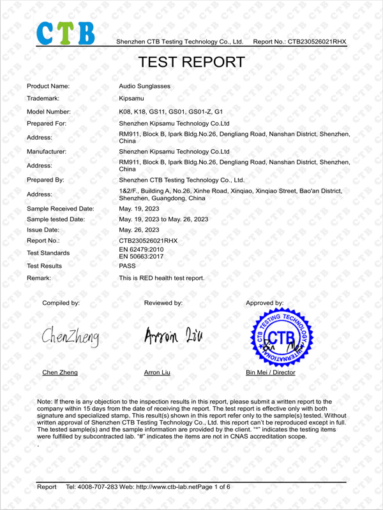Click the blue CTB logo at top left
(x=66, y=33)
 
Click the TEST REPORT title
(x=191, y=62)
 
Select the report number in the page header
(x=300, y=41)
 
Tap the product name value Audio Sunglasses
(x=145, y=86)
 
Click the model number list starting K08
(x=171, y=112)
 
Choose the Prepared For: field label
(x=49, y=124)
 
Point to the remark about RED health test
(x=162, y=278)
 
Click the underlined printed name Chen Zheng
(x=59, y=372)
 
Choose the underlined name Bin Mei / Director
(x=271, y=372)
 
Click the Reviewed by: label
(x=163, y=303)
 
